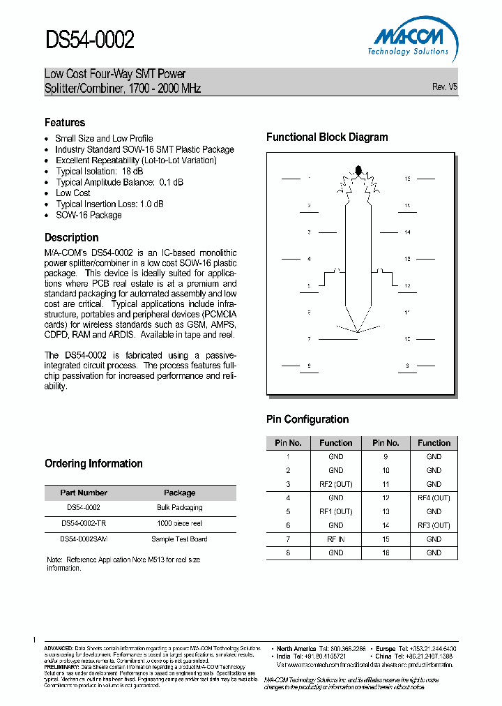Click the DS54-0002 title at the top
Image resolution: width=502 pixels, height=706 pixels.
tap(90, 40)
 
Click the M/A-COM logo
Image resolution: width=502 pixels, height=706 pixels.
tap(408, 38)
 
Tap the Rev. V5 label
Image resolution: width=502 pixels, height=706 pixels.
tap(445, 87)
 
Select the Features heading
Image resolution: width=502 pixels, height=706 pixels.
tap(65, 123)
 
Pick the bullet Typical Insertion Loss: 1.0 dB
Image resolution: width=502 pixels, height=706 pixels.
tap(109, 204)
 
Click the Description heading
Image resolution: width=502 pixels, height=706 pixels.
tap(71, 237)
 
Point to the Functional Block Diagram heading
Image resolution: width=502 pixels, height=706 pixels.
tap(327, 137)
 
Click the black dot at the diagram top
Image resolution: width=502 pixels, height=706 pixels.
tap(358, 170)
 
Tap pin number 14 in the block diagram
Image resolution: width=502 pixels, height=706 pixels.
tap(407, 232)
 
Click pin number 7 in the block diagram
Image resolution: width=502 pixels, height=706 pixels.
tap(308, 339)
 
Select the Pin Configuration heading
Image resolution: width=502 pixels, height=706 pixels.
tap(307, 419)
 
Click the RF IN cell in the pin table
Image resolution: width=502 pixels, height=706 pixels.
tap(335, 539)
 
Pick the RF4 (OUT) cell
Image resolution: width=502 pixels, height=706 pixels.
tap(434, 498)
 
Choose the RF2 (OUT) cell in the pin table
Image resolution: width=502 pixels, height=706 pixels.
tap(335, 484)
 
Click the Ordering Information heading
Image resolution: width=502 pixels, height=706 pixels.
tap(93, 464)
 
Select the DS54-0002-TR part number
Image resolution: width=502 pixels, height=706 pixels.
tap(84, 523)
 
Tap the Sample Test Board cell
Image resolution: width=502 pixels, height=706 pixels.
tap(179, 539)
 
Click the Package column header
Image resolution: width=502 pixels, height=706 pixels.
tap(179, 493)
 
